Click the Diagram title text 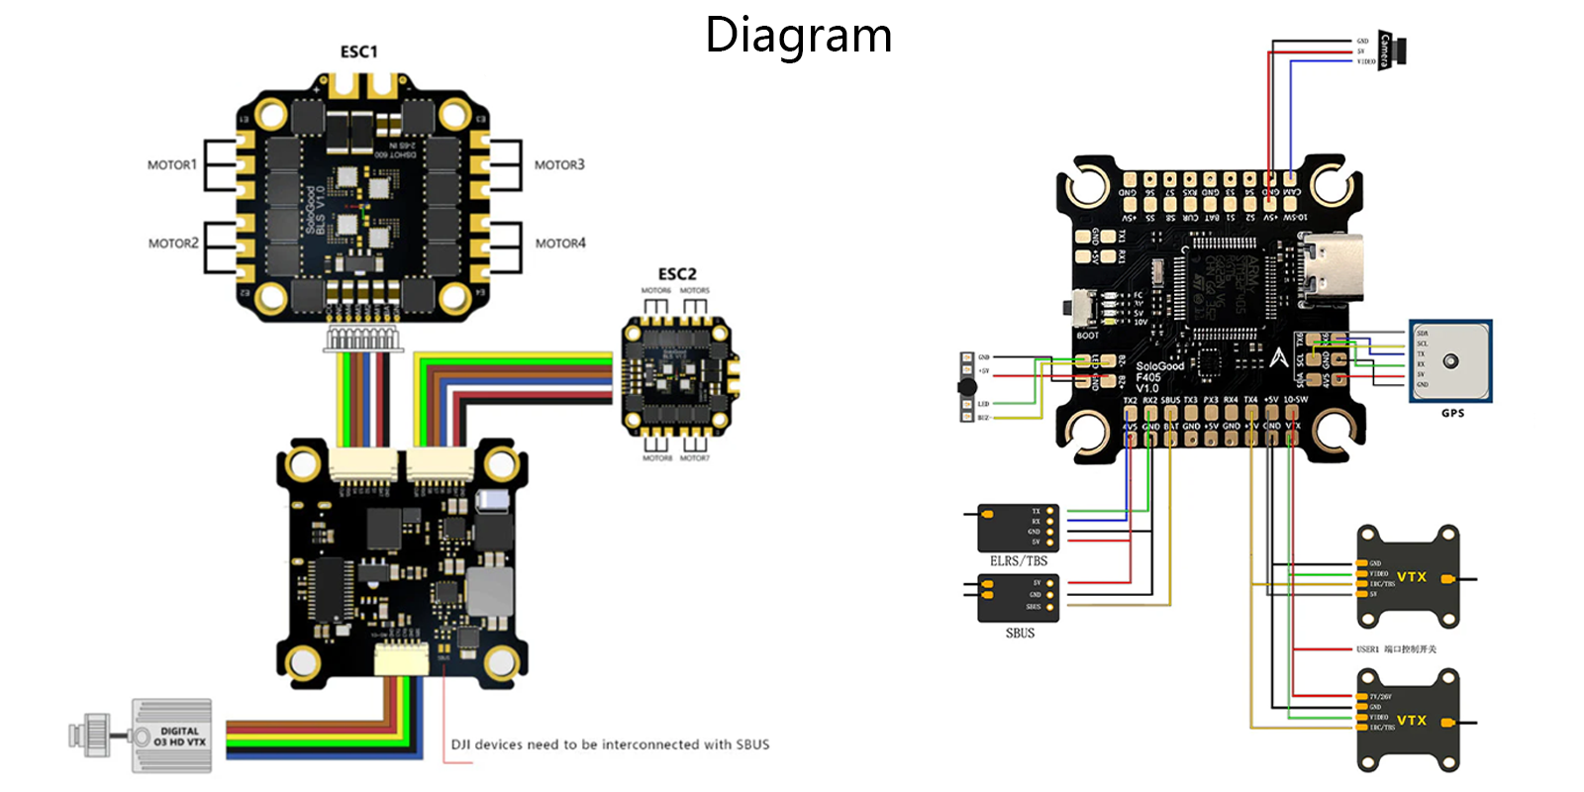click(798, 36)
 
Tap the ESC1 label click(358, 51)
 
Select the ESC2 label click(677, 274)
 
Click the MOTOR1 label click(172, 165)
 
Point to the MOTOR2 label click(173, 244)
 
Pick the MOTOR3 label click(559, 165)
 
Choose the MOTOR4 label click(560, 244)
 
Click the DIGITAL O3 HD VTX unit click(171, 736)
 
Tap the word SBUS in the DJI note click(752, 744)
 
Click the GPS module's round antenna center click(1450, 361)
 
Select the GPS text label click(1452, 413)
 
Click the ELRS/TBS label click(1019, 561)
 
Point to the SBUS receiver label click(1020, 634)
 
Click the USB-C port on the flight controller click(1333, 268)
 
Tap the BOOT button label click(1087, 336)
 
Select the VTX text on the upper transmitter click(1412, 577)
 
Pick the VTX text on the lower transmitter click(1412, 721)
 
